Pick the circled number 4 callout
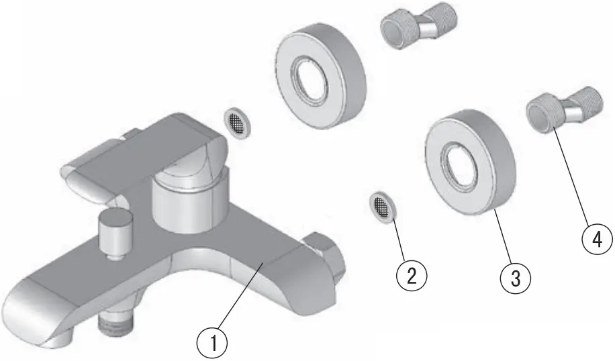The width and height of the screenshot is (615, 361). (596, 240)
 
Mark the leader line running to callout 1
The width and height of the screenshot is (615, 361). (238, 302)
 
